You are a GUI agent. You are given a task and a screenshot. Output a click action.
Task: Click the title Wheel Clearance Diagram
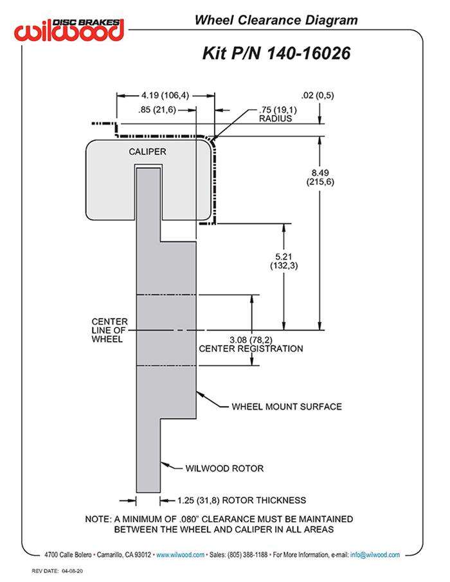pyautogui.click(x=276, y=21)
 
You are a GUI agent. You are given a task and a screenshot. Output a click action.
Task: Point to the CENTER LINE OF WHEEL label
pyautogui.click(x=109, y=330)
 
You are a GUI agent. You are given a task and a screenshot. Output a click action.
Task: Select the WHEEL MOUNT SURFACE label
pyautogui.click(x=286, y=407)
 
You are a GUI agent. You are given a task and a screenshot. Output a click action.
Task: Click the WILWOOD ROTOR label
pyautogui.click(x=224, y=468)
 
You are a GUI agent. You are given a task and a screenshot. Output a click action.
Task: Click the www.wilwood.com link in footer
pyautogui.click(x=181, y=554)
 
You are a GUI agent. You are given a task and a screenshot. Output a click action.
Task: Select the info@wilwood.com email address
pyautogui.click(x=375, y=554)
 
